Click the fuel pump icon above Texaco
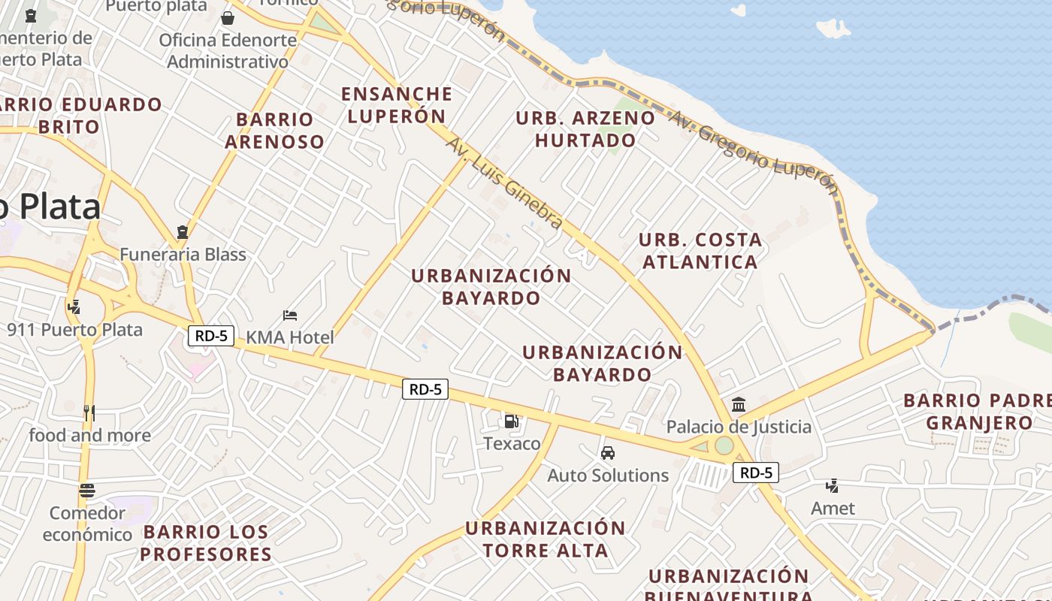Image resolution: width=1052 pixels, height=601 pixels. [511, 421]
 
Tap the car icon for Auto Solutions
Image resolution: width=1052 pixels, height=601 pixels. [608, 453]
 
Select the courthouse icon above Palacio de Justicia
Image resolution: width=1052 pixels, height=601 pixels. [739, 405]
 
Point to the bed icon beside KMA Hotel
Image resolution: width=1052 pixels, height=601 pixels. [290, 316]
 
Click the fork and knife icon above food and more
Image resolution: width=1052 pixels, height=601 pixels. [89, 412]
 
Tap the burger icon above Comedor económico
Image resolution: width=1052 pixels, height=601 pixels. [87, 491]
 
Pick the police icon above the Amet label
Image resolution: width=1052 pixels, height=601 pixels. [832, 486]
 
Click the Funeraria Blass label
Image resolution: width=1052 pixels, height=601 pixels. [183, 255]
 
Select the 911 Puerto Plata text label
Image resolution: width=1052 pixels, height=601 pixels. [74, 330]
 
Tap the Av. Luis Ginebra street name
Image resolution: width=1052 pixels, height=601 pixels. [505, 183]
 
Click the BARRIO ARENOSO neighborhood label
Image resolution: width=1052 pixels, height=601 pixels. [274, 130]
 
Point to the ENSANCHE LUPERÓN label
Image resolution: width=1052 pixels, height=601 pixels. [397, 105]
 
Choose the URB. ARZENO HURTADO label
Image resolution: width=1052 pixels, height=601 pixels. [585, 129]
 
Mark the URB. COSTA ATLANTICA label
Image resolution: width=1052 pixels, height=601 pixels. [700, 251]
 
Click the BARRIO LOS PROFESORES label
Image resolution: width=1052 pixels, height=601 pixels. [206, 543]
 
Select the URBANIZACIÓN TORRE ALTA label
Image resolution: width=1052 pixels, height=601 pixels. [546, 539]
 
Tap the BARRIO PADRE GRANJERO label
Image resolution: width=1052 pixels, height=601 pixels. [978, 412]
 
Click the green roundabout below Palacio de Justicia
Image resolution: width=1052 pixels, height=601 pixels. [724, 445]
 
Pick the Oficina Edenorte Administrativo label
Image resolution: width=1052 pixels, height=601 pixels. [228, 50]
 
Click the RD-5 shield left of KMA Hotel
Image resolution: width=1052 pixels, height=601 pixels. [211, 336]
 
